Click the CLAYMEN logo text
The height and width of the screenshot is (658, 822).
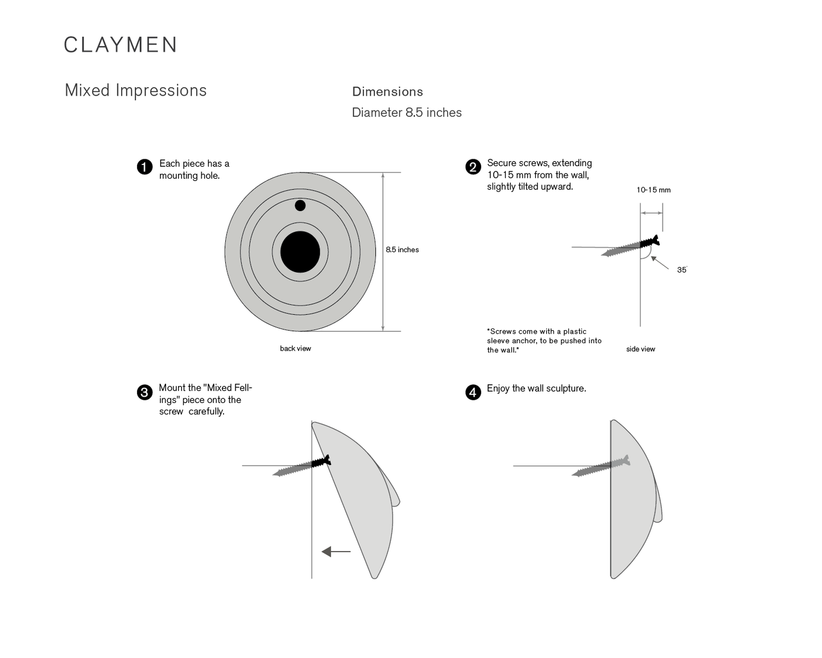120,45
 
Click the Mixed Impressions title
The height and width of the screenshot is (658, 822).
135,91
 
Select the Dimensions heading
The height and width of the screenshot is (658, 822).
387,92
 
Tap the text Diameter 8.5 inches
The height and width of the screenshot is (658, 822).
407,113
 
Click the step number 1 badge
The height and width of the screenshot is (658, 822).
144,167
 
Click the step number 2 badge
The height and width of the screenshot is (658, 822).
473,167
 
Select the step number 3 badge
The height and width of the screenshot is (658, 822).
144,393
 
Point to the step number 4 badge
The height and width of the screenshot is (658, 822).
473,393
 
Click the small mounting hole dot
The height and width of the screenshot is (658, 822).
300,205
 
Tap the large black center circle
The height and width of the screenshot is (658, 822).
300,252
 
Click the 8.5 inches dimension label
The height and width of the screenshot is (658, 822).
402,250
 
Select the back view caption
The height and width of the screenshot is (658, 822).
295,348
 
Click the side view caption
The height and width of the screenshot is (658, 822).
641,349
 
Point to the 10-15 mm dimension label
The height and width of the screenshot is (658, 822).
653,190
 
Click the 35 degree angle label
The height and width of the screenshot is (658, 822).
681,270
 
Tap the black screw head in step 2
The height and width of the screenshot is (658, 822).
650,241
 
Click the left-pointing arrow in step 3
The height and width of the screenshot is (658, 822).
336,552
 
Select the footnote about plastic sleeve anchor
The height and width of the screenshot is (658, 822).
544,340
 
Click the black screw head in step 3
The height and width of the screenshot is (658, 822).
321,462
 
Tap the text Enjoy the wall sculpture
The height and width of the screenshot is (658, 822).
536,388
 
